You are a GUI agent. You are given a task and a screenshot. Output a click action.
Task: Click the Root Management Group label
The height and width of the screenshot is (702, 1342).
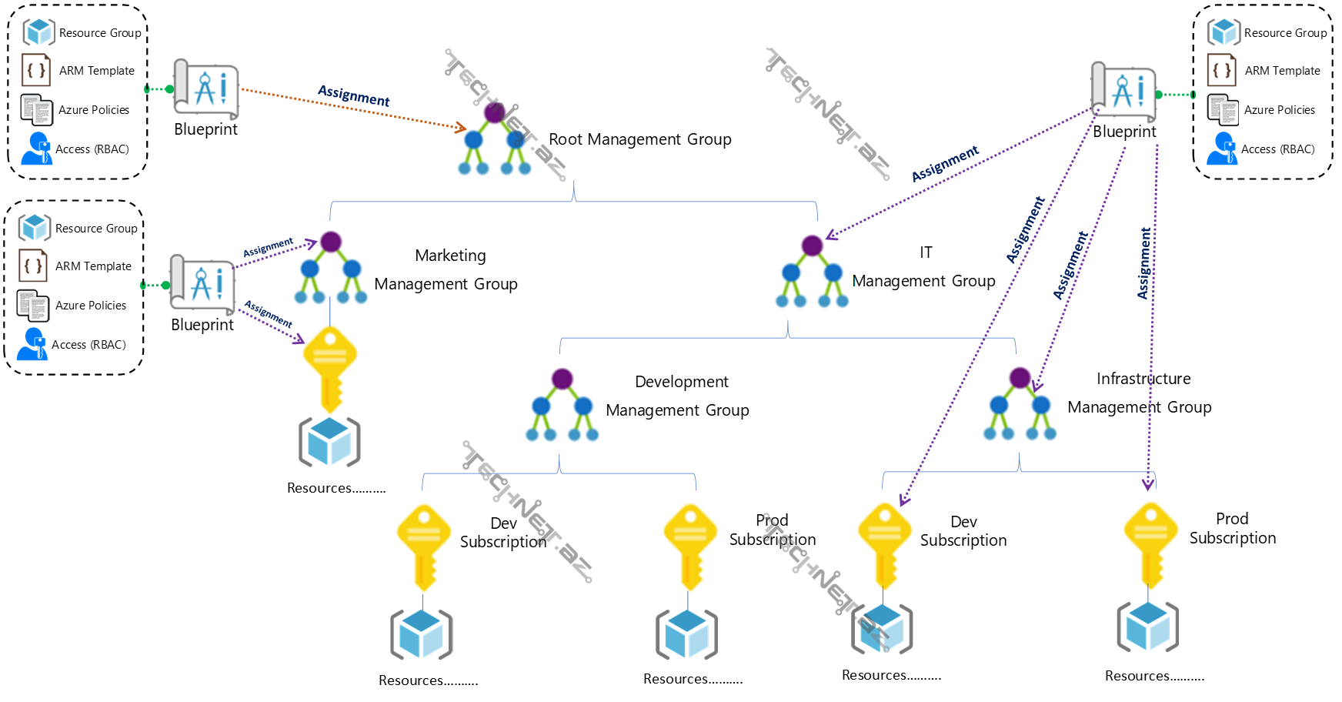(x=639, y=139)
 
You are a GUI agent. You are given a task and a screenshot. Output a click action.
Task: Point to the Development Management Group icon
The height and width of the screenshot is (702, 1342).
(x=562, y=405)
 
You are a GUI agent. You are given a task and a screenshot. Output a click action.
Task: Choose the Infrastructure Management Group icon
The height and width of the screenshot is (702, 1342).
(x=1020, y=403)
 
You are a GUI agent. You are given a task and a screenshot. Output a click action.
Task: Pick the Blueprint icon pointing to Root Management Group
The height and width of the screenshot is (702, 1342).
(x=206, y=89)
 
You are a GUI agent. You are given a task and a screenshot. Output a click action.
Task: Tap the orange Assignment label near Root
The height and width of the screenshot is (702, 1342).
(x=354, y=96)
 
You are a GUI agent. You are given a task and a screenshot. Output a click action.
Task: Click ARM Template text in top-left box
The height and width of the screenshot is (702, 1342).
(x=97, y=71)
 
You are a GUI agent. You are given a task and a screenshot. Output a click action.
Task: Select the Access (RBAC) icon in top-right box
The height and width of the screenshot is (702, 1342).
(x=1222, y=149)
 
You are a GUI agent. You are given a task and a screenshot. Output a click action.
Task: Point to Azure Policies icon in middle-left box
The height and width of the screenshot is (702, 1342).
(x=34, y=306)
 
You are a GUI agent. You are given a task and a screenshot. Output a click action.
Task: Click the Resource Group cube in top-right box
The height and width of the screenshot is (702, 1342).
(x=1223, y=32)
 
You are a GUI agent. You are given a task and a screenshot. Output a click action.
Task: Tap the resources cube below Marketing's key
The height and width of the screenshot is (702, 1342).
(x=329, y=442)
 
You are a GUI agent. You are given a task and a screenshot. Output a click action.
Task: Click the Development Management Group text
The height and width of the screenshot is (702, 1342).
(x=678, y=396)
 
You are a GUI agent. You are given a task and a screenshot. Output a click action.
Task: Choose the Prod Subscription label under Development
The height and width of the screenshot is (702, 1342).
(x=773, y=530)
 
